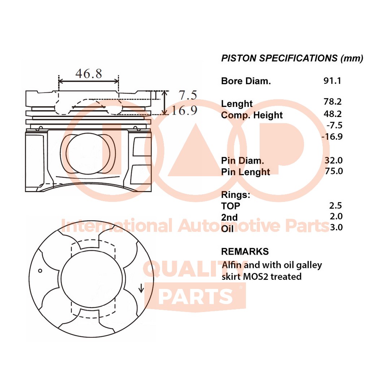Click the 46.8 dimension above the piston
88,74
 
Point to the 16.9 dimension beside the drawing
185,110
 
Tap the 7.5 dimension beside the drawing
188,95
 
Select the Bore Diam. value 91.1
332,81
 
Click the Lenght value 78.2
333,102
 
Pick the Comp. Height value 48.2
333,114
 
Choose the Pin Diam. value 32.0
333,160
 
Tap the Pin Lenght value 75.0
333,171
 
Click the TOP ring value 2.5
335,205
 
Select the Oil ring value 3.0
336,227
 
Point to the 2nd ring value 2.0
336,216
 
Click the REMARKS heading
244,251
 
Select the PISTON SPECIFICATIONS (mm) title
292,58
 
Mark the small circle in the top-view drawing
40,271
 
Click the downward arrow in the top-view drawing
141,288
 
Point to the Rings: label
235,195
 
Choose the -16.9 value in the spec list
331,136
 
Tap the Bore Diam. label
246,81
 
